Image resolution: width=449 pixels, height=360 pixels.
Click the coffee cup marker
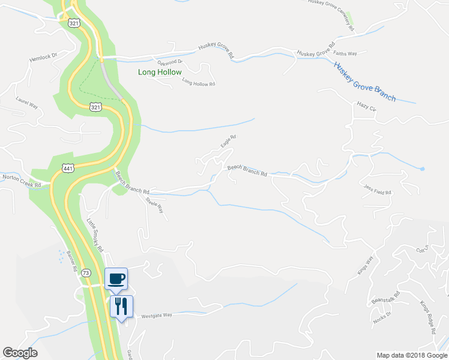(x=116, y=278)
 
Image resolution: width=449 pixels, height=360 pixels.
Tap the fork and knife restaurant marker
(x=121, y=306)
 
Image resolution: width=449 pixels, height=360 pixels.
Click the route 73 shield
(x=86, y=272)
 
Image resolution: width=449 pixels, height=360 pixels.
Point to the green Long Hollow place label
(x=160, y=73)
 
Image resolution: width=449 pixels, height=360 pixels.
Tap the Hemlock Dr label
(x=43, y=59)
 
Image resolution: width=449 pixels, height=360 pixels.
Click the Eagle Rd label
(x=228, y=141)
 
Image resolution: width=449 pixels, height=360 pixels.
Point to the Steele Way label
(x=155, y=208)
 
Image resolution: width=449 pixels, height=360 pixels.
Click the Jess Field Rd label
(x=377, y=189)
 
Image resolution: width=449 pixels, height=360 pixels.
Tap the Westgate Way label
(x=156, y=315)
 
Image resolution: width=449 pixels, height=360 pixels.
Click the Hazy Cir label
(x=366, y=109)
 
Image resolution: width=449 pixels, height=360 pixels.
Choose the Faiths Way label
(x=345, y=54)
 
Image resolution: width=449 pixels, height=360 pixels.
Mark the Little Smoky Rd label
(x=95, y=233)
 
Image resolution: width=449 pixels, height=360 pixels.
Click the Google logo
(x=20, y=353)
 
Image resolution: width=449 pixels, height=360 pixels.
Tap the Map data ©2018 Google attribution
(x=412, y=355)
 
